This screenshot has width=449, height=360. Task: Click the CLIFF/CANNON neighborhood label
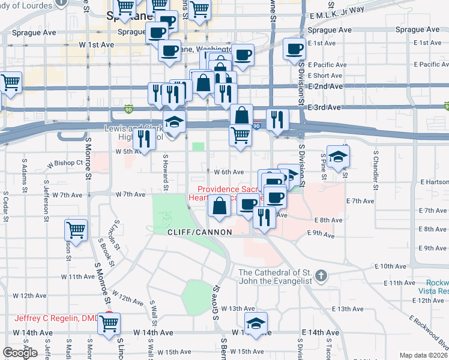(191, 232)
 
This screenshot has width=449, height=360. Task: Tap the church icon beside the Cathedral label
(321, 276)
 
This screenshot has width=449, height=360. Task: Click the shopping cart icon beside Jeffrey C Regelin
(109, 324)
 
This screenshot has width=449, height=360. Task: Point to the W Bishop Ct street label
(65, 163)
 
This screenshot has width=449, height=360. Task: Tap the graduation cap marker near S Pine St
(339, 157)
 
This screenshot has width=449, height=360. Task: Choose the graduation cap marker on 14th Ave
(256, 323)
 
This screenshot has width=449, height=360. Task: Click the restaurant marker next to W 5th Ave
(144, 139)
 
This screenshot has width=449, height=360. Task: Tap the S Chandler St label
(375, 174)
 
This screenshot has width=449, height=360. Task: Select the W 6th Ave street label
(229, 172)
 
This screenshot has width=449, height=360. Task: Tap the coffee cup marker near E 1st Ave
(294, 50)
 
